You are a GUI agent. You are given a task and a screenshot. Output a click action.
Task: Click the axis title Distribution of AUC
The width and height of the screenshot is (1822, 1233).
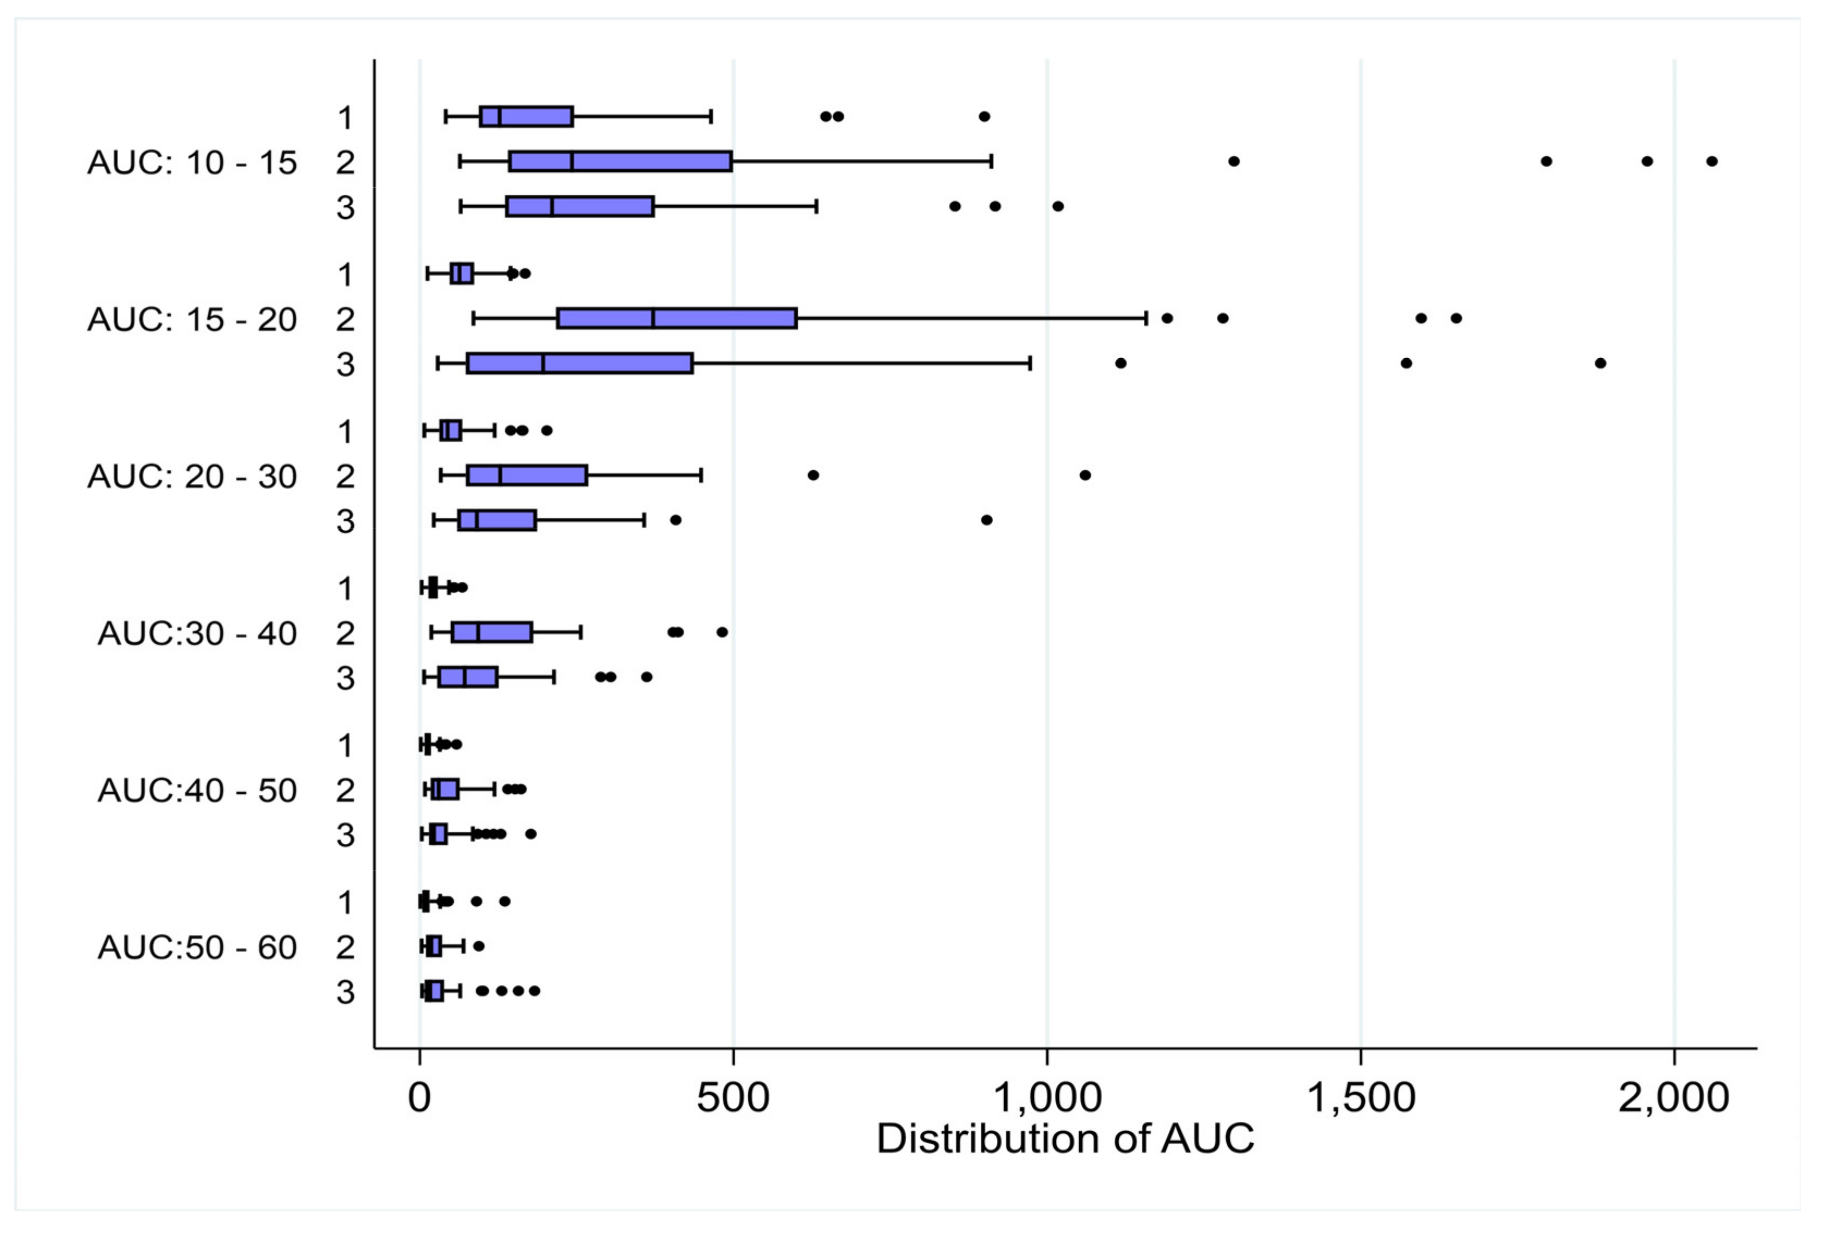pos(1064,1138)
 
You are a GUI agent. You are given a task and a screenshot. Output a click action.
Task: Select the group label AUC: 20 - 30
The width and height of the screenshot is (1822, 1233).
pos(192,477)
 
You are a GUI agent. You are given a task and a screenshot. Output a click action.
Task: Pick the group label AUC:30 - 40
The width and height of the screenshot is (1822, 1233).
pos(197,634)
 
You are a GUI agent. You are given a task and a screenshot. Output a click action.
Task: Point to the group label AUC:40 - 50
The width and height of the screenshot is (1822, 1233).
pos(197,790)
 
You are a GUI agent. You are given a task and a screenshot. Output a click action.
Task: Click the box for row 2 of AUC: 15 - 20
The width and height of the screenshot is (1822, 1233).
pos(676,318)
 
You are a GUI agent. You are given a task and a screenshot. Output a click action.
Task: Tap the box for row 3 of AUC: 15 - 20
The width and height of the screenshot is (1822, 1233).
pos(580,363)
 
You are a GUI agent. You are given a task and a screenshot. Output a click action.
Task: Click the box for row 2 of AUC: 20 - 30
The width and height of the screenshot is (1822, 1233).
pos(527,475)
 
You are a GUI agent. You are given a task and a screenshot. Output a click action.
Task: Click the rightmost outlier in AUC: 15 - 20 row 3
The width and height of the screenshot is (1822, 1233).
pos(1600,363)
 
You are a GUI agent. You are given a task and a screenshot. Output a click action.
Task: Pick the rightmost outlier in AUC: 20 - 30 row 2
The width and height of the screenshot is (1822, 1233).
pos(1085,475)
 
